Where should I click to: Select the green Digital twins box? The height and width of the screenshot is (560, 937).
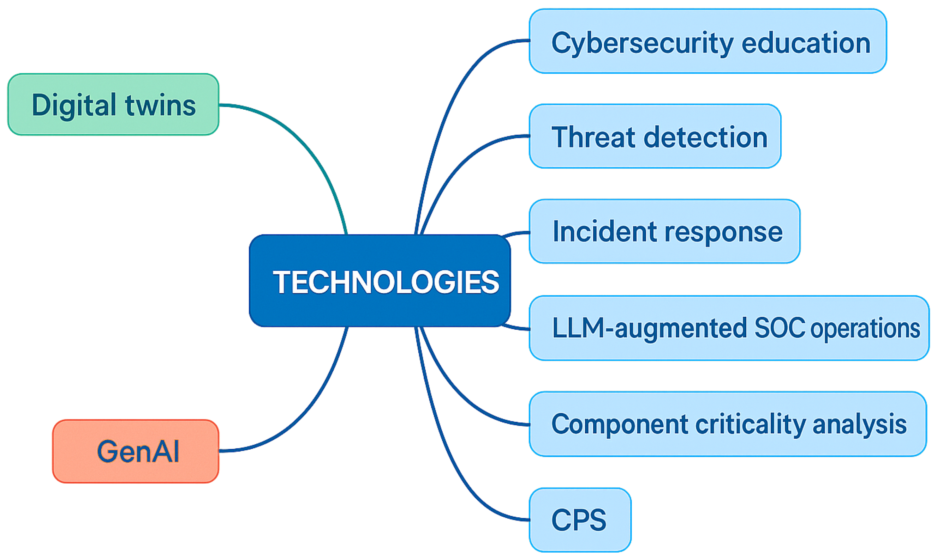tap(113, 104)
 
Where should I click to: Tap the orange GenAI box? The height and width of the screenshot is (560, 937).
tap(136, 451)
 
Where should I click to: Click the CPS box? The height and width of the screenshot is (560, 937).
tap(580, 520)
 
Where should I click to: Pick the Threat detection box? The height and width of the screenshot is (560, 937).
tap(655, 136)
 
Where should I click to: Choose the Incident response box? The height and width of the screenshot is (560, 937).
tap(664, 231)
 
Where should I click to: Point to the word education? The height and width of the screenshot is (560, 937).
tap(806, 43)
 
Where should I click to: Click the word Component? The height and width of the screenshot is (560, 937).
tap(619, 425)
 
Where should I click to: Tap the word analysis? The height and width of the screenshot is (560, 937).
tap(860, 424)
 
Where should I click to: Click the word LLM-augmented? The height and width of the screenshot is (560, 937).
tap(649, 328)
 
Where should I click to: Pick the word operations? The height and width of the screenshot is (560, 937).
tap(865, 328)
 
